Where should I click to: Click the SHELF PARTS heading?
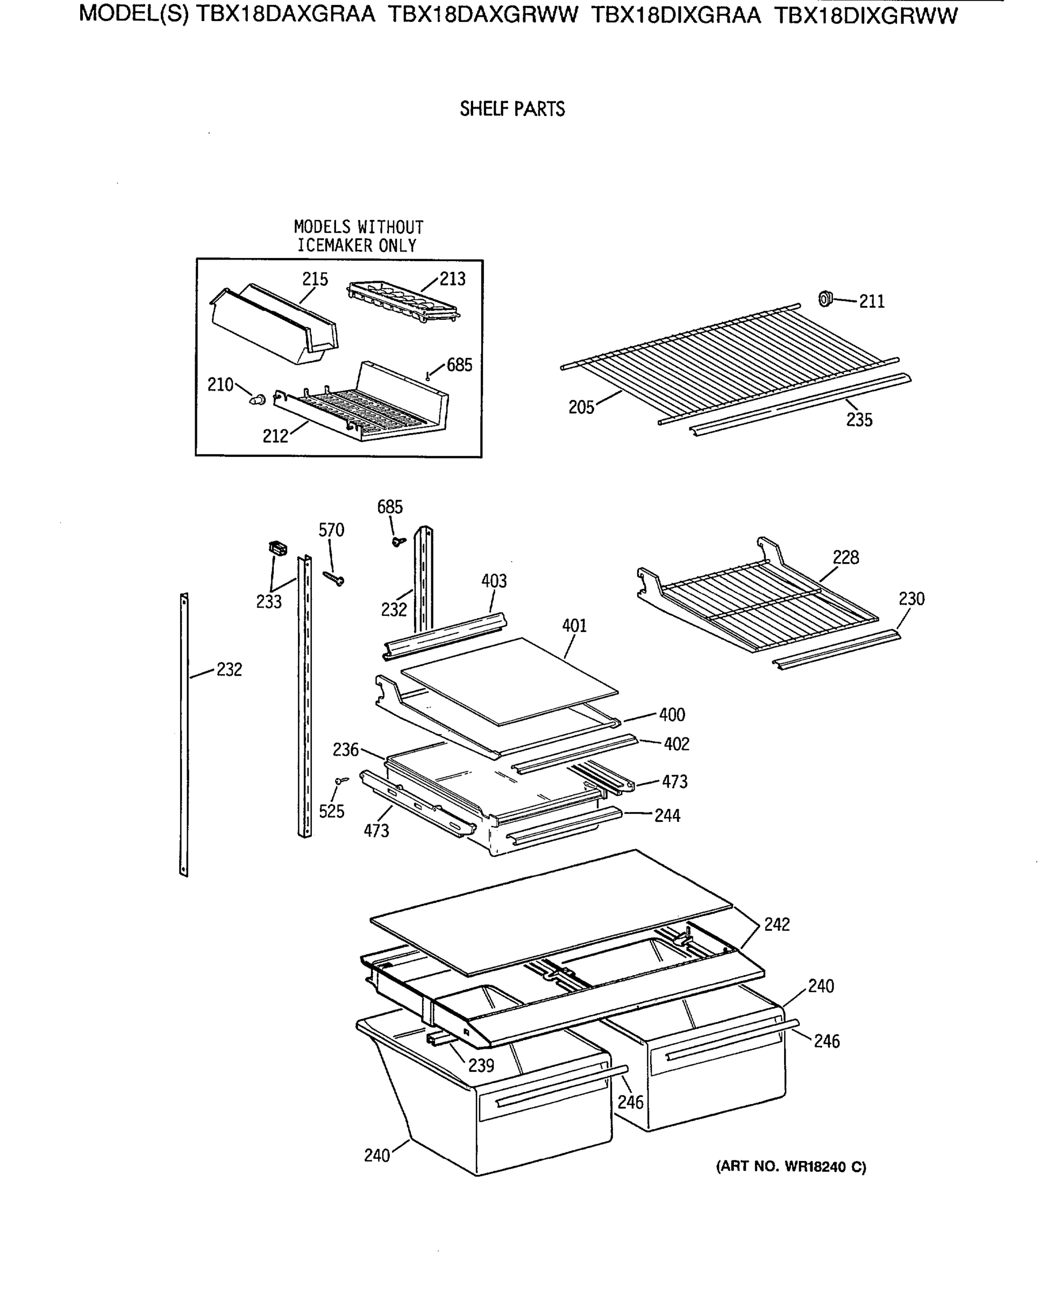pyautogui.click(x=512, y=109)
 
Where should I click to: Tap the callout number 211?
pyautogui.click(x=872, y=302)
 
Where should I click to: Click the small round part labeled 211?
pyautogui.click(x=825, y=299)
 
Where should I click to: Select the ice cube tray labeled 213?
pyautogui.click(x=403, y=300)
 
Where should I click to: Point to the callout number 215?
pyautogui.click(x=315, y=279)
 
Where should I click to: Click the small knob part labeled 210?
pyautogui.click(x=258, y=400)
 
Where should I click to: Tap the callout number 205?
pyautogui.click(x=581, y=407)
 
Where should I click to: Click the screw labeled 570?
pyautogui.click(x=334, y=577)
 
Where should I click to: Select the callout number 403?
pyautogui.click(x=494, y=581)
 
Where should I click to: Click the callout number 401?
pyautogui.click(x=574, y=626)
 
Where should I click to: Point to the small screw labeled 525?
pyautogui.click(x=341, y=780)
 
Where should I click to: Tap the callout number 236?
pyautogui.click(x=345, y=749)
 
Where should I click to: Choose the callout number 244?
pyautogui.click(x=667, y=815)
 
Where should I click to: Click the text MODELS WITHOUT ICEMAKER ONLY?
pyautogui.click(x=358, y=236)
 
